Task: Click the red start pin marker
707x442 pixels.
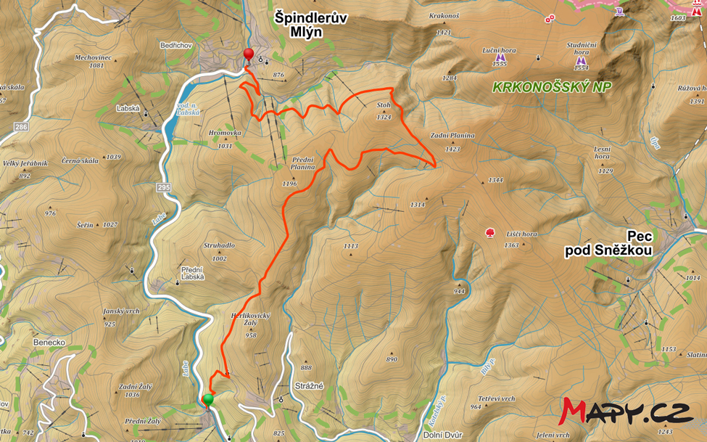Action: click(248, 55)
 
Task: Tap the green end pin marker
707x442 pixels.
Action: click(208, 400)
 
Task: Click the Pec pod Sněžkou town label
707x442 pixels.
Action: click(609, 243)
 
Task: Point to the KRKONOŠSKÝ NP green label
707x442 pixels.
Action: click(551, 87)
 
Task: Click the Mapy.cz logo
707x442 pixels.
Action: click(624, 412)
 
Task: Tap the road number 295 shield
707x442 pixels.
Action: click(163, 188)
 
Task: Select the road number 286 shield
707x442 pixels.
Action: click(21, 127)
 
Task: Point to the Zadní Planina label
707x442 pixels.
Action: click(452, 136)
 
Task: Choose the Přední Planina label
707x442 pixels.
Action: click(302, 163)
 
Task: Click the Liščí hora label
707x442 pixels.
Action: click(521, 234)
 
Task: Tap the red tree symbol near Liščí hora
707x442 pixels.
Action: click(490, 233)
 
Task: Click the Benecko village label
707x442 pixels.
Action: click(49, 341)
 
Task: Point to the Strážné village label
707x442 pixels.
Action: click(309, 387)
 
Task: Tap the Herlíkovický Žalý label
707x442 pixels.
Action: click(250, 322)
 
